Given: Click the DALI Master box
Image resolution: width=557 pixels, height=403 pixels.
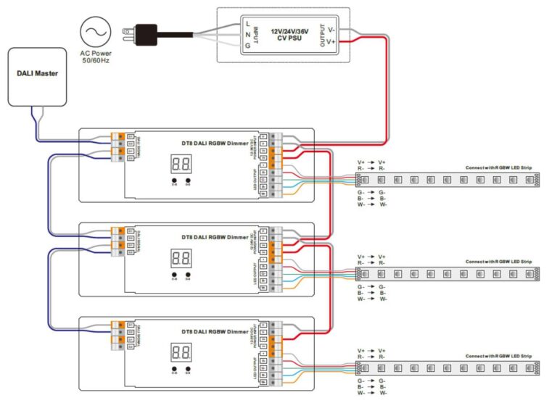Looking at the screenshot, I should coord(36,74).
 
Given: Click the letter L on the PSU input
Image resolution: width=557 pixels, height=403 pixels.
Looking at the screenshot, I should coord(248,24).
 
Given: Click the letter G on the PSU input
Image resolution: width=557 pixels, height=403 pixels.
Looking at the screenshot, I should coord(248,45).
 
